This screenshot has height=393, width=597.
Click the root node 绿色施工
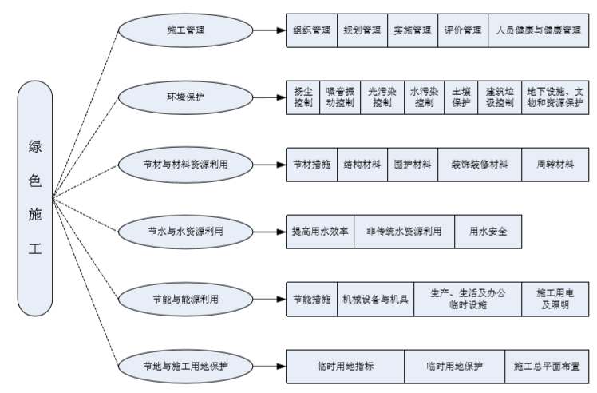point(34,198)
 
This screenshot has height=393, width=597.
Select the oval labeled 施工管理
point(185,31)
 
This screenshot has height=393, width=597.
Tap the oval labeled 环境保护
point(185,97)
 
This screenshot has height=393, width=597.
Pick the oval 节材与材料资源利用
point(185,165)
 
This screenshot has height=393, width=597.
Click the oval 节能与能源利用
point(185,299)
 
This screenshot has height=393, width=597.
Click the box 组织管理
point(310,31)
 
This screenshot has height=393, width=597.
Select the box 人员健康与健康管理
point(537,31)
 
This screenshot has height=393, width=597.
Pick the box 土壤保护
point(462,97)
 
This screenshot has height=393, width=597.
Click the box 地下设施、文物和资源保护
point(555,97)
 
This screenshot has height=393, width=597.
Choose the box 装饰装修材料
point(479,165)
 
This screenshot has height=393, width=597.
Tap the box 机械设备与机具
point(375,299)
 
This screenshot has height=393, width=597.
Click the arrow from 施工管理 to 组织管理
point(268,31)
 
